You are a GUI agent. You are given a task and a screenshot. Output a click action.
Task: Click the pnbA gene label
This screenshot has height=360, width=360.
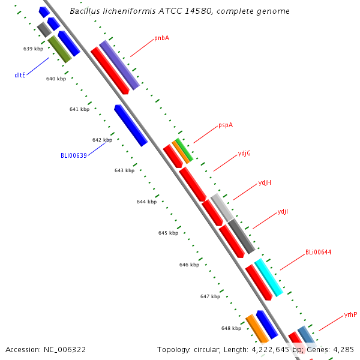click(x=161, y=38)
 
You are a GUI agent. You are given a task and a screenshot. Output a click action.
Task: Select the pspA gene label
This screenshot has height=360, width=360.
click(x=226, y=125)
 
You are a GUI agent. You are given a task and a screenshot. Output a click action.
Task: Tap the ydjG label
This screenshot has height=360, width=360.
click(x=244, y=154)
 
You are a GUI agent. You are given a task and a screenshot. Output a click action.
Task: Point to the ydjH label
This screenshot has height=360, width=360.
click(x=265, y=183)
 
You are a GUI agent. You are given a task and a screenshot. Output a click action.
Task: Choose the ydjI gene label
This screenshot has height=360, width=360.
click(x=283, y=212)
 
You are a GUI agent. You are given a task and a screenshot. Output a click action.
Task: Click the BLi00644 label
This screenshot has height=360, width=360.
click(x=318, y=253)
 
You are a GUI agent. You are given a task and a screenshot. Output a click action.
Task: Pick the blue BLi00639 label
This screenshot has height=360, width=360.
click(x=74, y=155)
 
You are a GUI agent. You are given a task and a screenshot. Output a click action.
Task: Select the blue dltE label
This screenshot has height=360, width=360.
click(x=20, y=75)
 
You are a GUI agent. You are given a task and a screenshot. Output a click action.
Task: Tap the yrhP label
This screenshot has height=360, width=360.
click(x=350, y=315)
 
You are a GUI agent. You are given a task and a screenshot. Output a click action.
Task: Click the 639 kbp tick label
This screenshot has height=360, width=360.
click(x=33, y=49)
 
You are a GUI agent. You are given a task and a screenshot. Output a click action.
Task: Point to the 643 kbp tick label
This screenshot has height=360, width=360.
click(x=124, y=170)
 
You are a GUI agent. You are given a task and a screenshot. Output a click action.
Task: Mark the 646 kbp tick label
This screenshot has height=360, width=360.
click(x=189, y=265)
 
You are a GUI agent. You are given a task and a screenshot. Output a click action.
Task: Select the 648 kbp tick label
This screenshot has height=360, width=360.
click(x=231, y=329)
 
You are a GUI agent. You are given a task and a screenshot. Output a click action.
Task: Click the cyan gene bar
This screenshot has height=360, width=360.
click(x=269, y=278)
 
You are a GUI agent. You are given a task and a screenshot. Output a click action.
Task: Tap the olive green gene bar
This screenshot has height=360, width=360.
click(x=59, y=49)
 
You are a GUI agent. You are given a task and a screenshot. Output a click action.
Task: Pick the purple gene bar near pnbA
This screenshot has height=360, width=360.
click(x=119, y=65)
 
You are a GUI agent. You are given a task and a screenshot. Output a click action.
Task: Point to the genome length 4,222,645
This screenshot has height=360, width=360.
click(x=270, y=350)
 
